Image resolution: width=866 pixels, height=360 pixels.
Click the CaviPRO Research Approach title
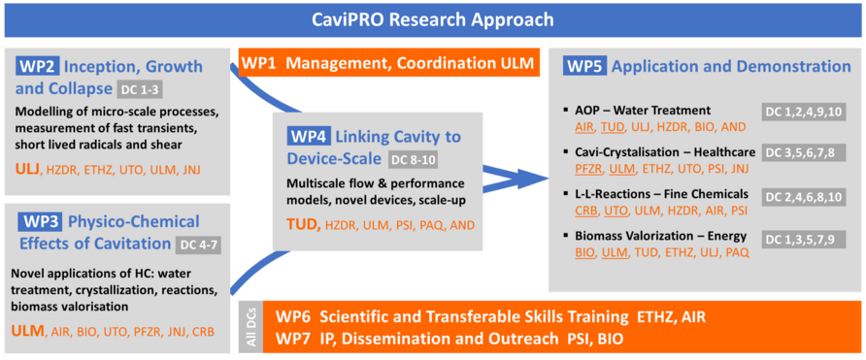432,20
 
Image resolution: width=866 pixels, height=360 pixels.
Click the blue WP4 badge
308,136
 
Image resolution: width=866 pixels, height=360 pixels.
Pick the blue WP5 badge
584,66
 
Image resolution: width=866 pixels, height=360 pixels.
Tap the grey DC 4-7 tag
198,245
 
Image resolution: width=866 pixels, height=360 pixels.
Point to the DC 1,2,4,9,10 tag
804,112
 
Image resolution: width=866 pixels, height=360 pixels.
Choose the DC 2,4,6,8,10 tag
804,194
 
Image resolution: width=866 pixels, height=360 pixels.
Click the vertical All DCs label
251,327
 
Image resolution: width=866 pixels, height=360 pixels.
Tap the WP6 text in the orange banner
292,317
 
